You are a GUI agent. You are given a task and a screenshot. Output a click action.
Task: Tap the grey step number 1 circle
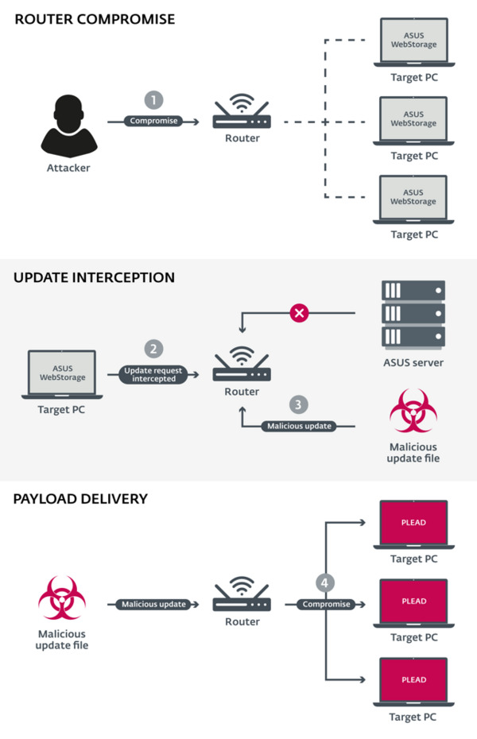[153, 100]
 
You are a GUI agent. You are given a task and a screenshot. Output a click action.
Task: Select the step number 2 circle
[153, 348]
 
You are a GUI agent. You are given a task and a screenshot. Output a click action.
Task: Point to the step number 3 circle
[297, 405]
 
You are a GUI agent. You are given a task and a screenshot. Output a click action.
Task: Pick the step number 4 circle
[324, 582]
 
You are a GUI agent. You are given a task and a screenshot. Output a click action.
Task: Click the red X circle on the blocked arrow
[299, 314]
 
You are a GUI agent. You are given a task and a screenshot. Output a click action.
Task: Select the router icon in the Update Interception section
[242, 365]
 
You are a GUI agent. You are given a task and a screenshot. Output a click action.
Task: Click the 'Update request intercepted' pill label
[153, 374]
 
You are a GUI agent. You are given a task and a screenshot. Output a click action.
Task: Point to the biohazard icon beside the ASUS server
[413, 412]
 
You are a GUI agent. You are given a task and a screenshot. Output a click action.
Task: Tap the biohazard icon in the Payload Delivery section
[62, 598]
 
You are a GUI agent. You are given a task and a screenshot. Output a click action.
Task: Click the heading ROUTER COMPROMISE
[94, 19]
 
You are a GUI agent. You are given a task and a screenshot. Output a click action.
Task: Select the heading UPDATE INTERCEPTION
[94, 278]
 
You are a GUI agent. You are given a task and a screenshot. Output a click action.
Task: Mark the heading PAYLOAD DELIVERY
[80, 499]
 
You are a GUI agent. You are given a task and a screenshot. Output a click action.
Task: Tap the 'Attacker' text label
[68, 168]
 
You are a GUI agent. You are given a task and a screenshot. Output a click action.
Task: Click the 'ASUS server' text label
[413, 362]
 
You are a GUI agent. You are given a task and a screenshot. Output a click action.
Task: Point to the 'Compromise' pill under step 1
[153, 121]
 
